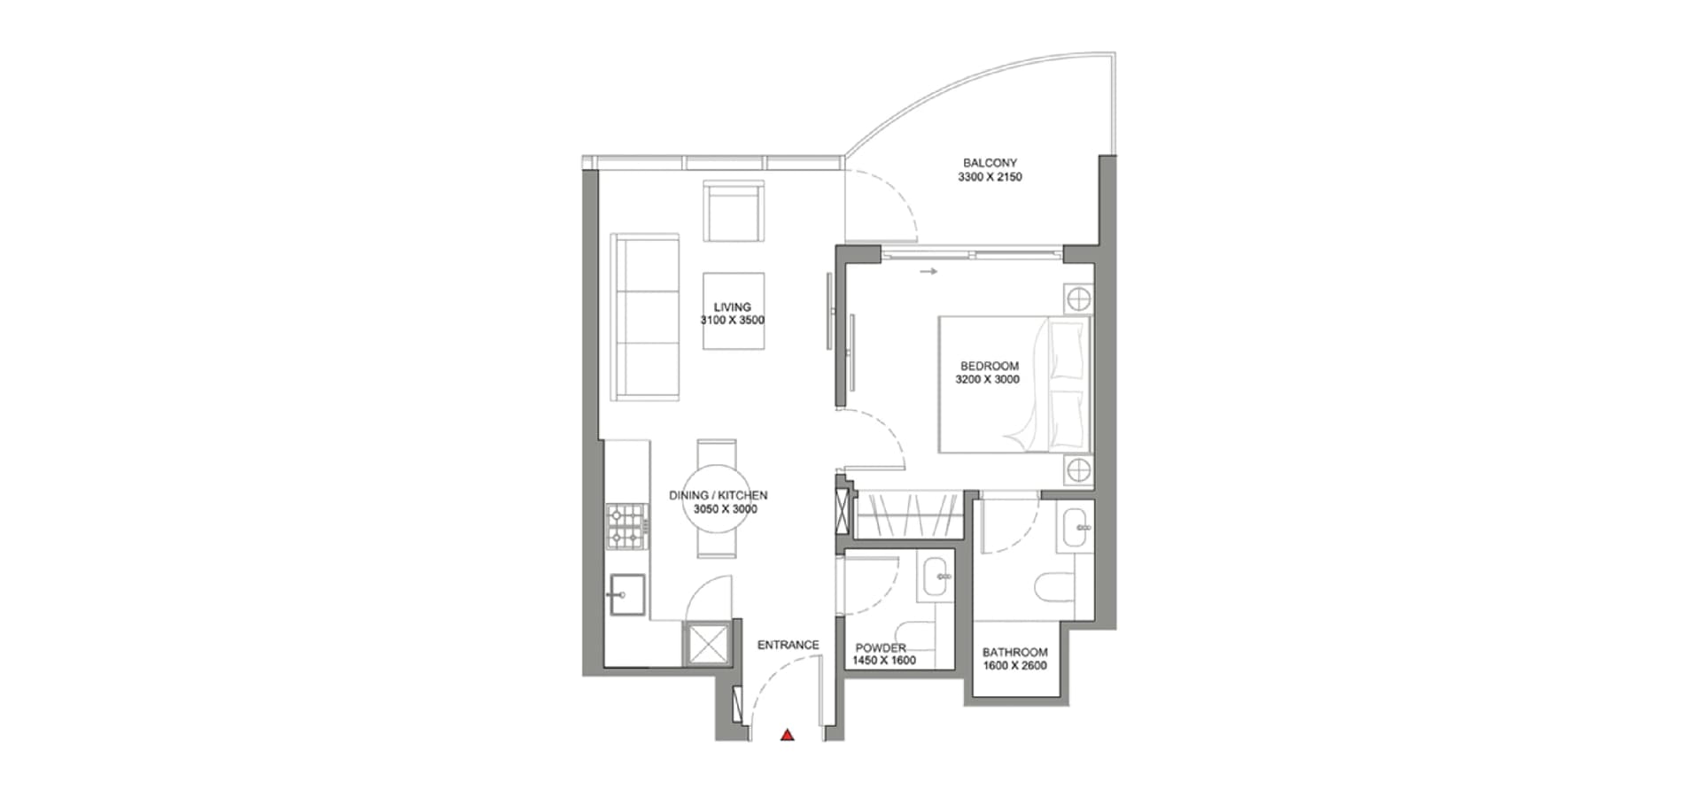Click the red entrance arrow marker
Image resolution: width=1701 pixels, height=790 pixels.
[x=787, y=734]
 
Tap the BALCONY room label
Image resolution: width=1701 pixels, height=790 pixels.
[x=990, y=163]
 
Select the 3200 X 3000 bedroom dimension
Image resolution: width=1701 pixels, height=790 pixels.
[x=987, y=379]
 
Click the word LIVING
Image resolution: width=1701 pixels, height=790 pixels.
[x=733, y=307]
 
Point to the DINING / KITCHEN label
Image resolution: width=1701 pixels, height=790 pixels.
[x=718, y=496]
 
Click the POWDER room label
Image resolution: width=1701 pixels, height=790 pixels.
[x=881, y=648]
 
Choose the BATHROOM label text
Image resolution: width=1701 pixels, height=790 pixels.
[x=1015, y=653]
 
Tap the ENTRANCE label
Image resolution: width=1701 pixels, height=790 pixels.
[x=788, y=645]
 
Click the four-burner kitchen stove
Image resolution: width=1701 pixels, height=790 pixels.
[x=625, y=525]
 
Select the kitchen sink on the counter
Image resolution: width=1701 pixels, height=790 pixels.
[x=625, y=593]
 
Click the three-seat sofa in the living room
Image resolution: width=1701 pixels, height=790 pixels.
[x=645, y=317]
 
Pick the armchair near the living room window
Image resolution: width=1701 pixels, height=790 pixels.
[x=734, y=211]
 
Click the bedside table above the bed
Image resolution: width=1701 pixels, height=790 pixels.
[x=1078, y=299]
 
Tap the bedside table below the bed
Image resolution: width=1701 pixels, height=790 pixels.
[x=1078, y=469]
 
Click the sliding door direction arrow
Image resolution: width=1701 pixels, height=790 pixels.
[x=928, y=272]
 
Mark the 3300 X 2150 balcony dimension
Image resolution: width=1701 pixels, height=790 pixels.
[x=990, y=177]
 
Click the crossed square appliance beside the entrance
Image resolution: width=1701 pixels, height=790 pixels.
[x=706, y=642]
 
